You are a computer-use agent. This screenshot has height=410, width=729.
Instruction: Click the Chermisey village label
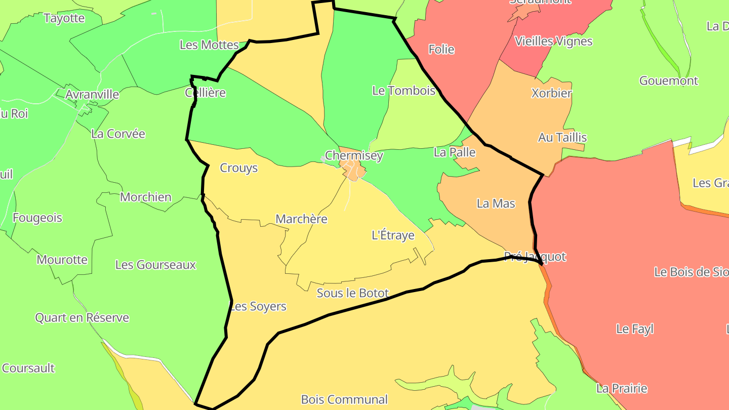point(354,155)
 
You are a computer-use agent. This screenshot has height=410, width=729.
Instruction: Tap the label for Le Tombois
point(403,91)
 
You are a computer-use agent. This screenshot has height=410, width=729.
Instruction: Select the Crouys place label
point(238,168)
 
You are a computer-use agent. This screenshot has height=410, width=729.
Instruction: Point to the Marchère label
point(301,219)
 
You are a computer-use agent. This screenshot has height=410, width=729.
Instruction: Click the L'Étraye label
point(393,235)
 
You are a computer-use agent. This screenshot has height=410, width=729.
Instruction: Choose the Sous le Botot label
point(352,293)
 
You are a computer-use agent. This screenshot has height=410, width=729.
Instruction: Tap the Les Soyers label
point(258,306)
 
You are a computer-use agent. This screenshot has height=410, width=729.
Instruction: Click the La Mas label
point(496,203)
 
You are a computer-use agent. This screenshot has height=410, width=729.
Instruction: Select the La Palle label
point(455,152)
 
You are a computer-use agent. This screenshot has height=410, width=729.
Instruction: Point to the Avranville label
point(92,95)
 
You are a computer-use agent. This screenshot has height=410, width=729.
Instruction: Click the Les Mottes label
point(209,45)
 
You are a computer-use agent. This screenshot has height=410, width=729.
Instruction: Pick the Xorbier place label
point(551,93)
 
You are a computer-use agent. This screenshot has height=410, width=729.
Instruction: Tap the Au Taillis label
point(562,137)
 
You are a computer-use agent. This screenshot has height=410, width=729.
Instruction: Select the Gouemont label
point(668,80)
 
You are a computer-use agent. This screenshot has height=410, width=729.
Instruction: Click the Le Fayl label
point(634,329)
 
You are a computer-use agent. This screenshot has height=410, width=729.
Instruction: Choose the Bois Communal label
point(344,399)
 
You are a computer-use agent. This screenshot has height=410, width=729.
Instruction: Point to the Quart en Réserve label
point(82,318)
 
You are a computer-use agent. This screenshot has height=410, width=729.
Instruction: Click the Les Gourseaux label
point(155,265)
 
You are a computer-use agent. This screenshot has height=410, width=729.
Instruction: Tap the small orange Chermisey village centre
point(352,171)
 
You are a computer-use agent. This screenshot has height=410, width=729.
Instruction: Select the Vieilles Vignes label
point(553,41)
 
